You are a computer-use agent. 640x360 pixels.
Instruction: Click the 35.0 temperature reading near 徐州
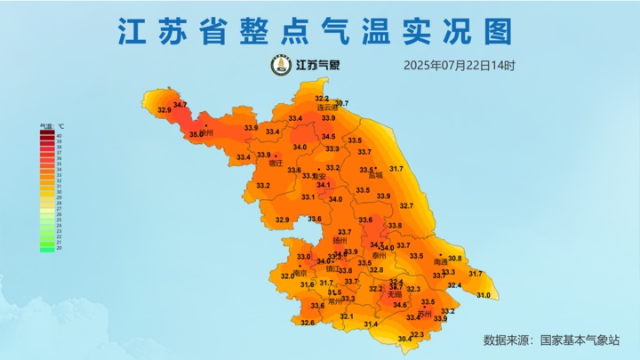(x=196, y=135)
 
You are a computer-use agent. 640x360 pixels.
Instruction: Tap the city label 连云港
(x=328, y=108)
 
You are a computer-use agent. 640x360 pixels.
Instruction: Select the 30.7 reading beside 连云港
(x=341, y=103)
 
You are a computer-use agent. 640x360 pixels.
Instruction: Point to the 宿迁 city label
(x=276, y=164)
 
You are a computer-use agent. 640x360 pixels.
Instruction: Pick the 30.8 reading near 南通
(x=454, y=259)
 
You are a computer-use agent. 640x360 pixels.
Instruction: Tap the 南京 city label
(x=300, y=273)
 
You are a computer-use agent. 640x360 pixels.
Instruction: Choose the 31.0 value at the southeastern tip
(x=484, y=295)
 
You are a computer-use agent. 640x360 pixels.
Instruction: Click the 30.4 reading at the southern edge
(x=404, y=339)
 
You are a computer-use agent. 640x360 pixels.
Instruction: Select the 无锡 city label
(x=395, y=293)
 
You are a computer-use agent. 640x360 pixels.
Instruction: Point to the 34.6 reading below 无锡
(x=400, y=305)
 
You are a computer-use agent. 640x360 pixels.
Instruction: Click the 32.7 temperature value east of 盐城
(x=406, y=206)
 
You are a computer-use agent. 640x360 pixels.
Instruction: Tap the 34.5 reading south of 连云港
(x=328, y=136)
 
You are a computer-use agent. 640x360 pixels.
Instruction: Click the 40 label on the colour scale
(x=59, y=135)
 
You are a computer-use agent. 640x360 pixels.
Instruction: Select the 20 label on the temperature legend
(x=59, y=249)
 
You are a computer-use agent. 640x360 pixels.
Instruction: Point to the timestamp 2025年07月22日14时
(x=459, y=65)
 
